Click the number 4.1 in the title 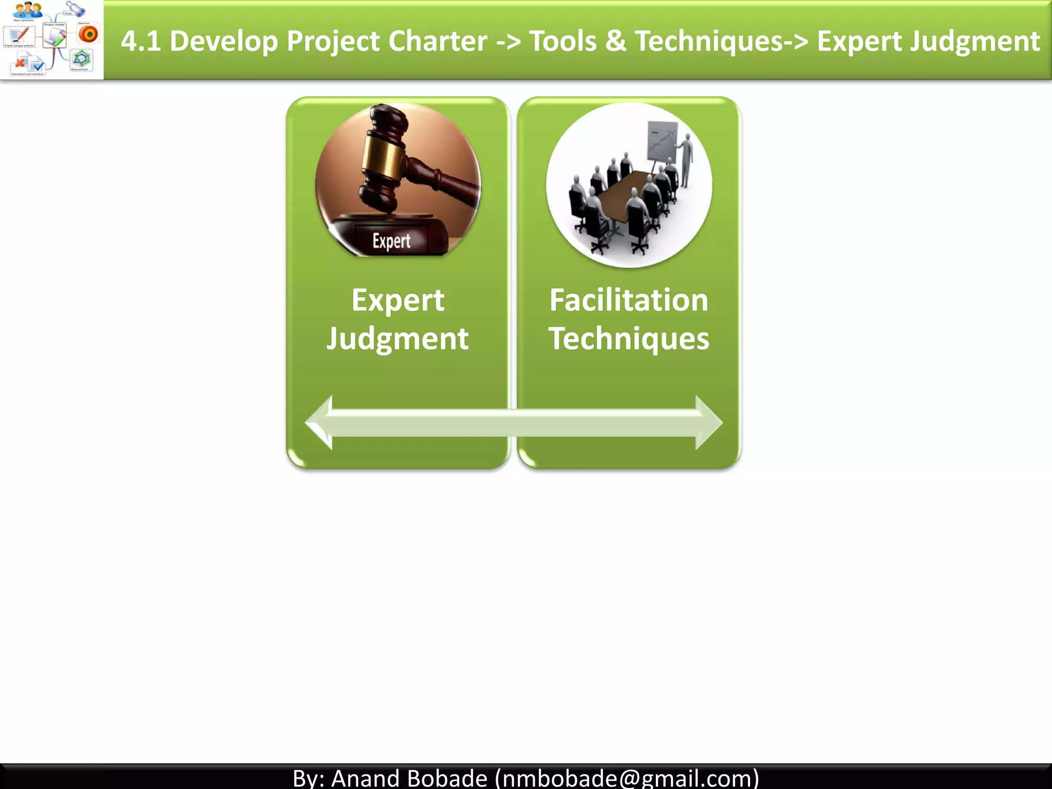[140, 41]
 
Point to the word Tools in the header [562, 41]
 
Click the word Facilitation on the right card [629, 300]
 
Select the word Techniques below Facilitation [629, 339]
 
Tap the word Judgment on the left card [398, 339]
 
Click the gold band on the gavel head [383, 157]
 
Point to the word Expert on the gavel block [391, 241]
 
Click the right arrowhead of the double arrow [708, 423]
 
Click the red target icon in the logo [88, 34]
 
